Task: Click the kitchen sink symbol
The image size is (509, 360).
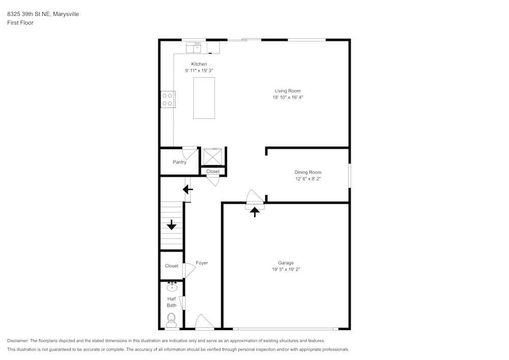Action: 194,48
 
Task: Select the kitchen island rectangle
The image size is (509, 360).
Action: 204,98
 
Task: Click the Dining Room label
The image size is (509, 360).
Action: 308,172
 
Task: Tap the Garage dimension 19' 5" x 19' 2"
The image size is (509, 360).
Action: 286,269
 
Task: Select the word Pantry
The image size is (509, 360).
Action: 179,162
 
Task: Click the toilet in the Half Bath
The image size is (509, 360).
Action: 172,320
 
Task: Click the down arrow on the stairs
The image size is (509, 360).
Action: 172,225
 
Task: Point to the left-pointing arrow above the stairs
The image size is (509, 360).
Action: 188,190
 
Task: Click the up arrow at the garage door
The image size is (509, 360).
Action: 254,211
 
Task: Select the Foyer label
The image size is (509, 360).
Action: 202,263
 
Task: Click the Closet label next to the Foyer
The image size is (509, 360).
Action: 172,266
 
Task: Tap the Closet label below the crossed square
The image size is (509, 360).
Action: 213,172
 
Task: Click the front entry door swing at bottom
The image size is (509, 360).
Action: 204,322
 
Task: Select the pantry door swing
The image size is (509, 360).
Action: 190,152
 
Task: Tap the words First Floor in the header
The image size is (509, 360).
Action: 20,22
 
